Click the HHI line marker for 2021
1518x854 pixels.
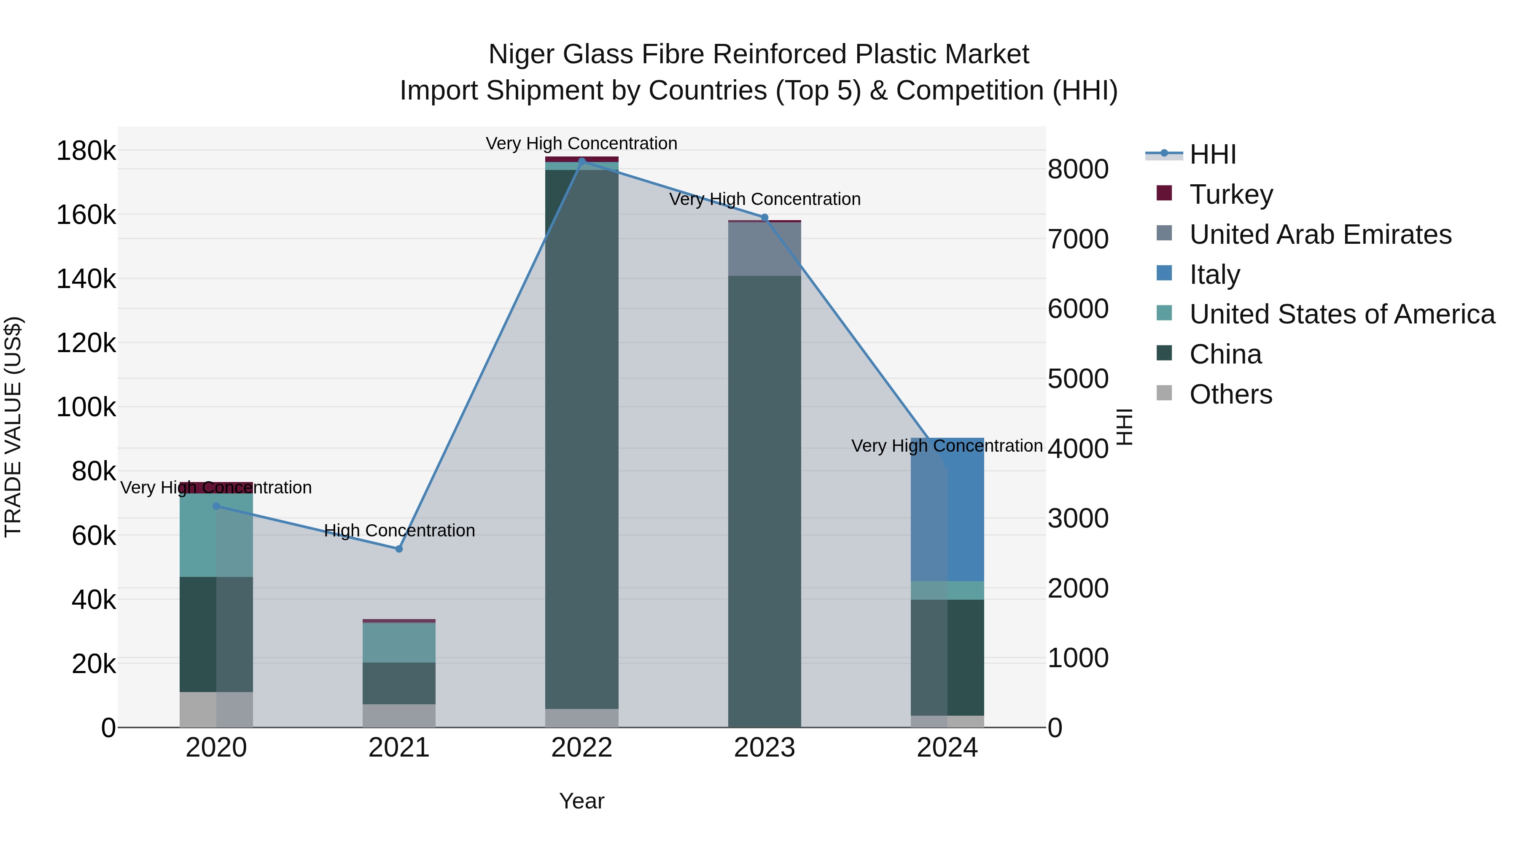point(399,549)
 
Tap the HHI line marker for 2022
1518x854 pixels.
point(581,161)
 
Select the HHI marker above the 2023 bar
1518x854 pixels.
point(765,218)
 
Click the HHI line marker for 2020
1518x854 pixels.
point(216,506)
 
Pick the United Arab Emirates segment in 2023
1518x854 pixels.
point(765,249)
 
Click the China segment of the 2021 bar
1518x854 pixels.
point(399,683)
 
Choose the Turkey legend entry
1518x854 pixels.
point(1231,194)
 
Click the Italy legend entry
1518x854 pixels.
point(1214,275)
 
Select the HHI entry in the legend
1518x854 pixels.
point(1212,154)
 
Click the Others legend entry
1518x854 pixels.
point(1230,394)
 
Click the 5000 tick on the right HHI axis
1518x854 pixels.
point(1078,379)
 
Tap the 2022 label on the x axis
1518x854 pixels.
point(581,748)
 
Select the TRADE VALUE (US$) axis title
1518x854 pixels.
point(13,427)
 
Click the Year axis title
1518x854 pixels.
point(581,801)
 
